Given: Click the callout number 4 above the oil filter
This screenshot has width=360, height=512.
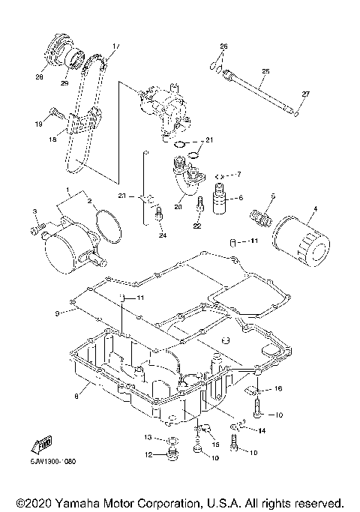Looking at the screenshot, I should pyautogui.click(x=315, y=208).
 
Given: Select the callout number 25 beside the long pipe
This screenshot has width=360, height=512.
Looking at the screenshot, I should pyautogui.click(x=265, y=72).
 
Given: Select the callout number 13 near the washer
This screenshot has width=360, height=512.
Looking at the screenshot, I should pyautogui.click(x=148, y=437).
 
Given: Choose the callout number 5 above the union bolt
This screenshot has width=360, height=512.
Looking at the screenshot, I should pyautogui.click(x=273, y=196).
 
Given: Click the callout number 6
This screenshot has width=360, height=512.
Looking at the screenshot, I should pyautogui.click(x=241, y=198).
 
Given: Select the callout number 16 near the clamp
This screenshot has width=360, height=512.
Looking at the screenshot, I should pyautogui.click(x=277, y=389).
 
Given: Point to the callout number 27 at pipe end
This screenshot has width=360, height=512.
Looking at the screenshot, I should pyautogui.click(x=304, y=93).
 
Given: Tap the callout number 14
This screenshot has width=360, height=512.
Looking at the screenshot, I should pyautogui.click(x=262, y=430).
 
